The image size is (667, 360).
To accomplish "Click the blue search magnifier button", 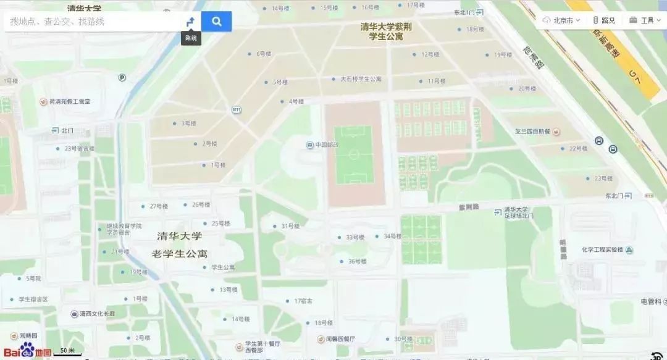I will (x=216, y=22).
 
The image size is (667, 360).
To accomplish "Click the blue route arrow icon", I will (x=191, y=22).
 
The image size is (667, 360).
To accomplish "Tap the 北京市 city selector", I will (x=561, y=20).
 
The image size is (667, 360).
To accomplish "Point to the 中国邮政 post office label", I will (x=325, y=145).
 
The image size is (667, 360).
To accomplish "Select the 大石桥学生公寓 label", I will (x=361, y=79).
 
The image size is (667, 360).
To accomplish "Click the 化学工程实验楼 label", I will (x=602, y=250).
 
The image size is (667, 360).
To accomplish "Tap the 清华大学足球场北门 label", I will (x=518, y=212).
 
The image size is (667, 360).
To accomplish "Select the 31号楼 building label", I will (x=290, y=226).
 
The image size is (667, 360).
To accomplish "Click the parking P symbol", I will (x=122, y=77).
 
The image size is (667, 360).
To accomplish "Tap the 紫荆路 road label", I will (x=469, y=206).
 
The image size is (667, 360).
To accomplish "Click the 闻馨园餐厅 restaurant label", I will (x=340, y=339).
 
